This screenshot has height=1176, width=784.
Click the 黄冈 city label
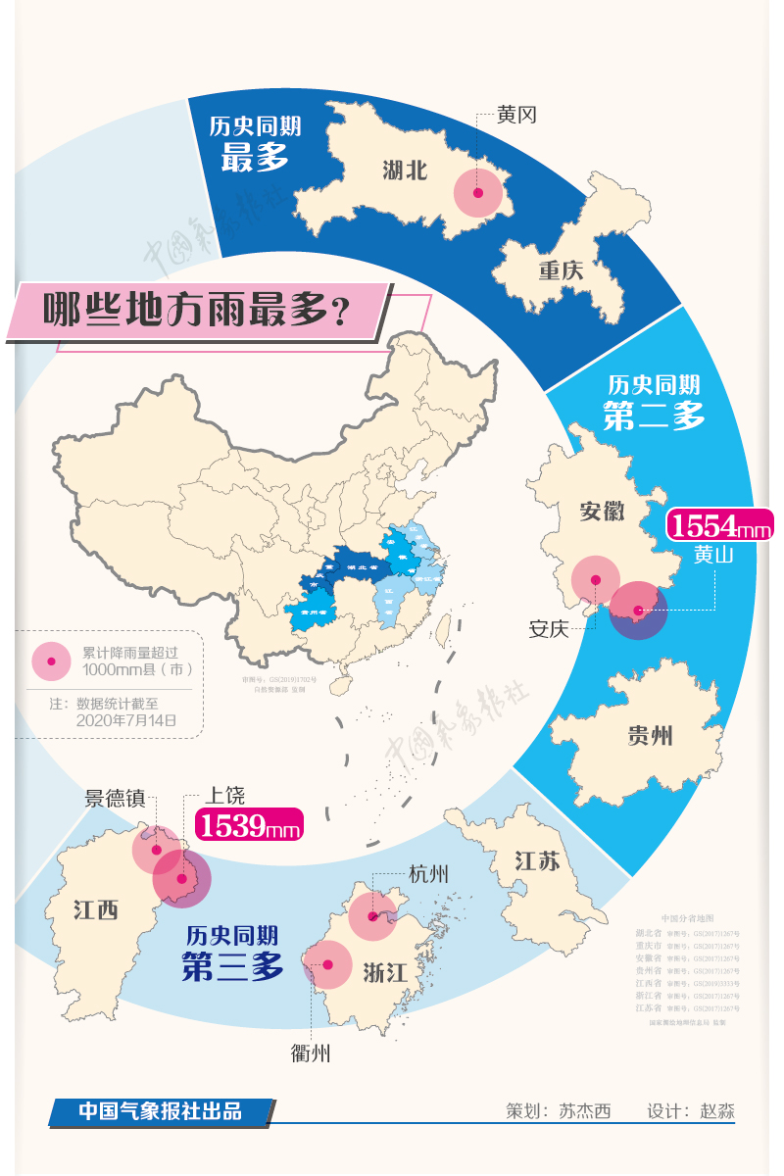515,116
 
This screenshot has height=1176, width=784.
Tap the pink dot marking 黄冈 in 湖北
477,193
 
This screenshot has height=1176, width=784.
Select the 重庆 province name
560,270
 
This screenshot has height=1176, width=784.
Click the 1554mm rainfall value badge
719,526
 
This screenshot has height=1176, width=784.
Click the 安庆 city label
549,629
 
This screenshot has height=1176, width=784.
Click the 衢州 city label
311,1053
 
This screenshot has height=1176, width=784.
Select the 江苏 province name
537,862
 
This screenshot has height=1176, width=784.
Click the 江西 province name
95,909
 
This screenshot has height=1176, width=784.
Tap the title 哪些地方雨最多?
197,313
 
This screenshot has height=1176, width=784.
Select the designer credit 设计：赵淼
690,1111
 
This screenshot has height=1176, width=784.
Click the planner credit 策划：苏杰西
558,1111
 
